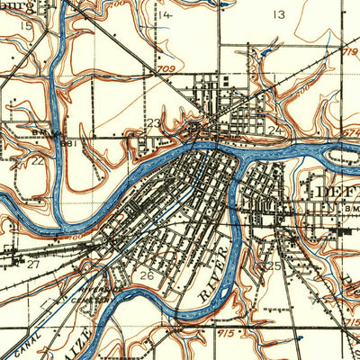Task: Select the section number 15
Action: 26,28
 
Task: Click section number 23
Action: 154,123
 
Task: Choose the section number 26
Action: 149,274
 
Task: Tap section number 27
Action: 32,265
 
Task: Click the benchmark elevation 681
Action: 67,141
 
